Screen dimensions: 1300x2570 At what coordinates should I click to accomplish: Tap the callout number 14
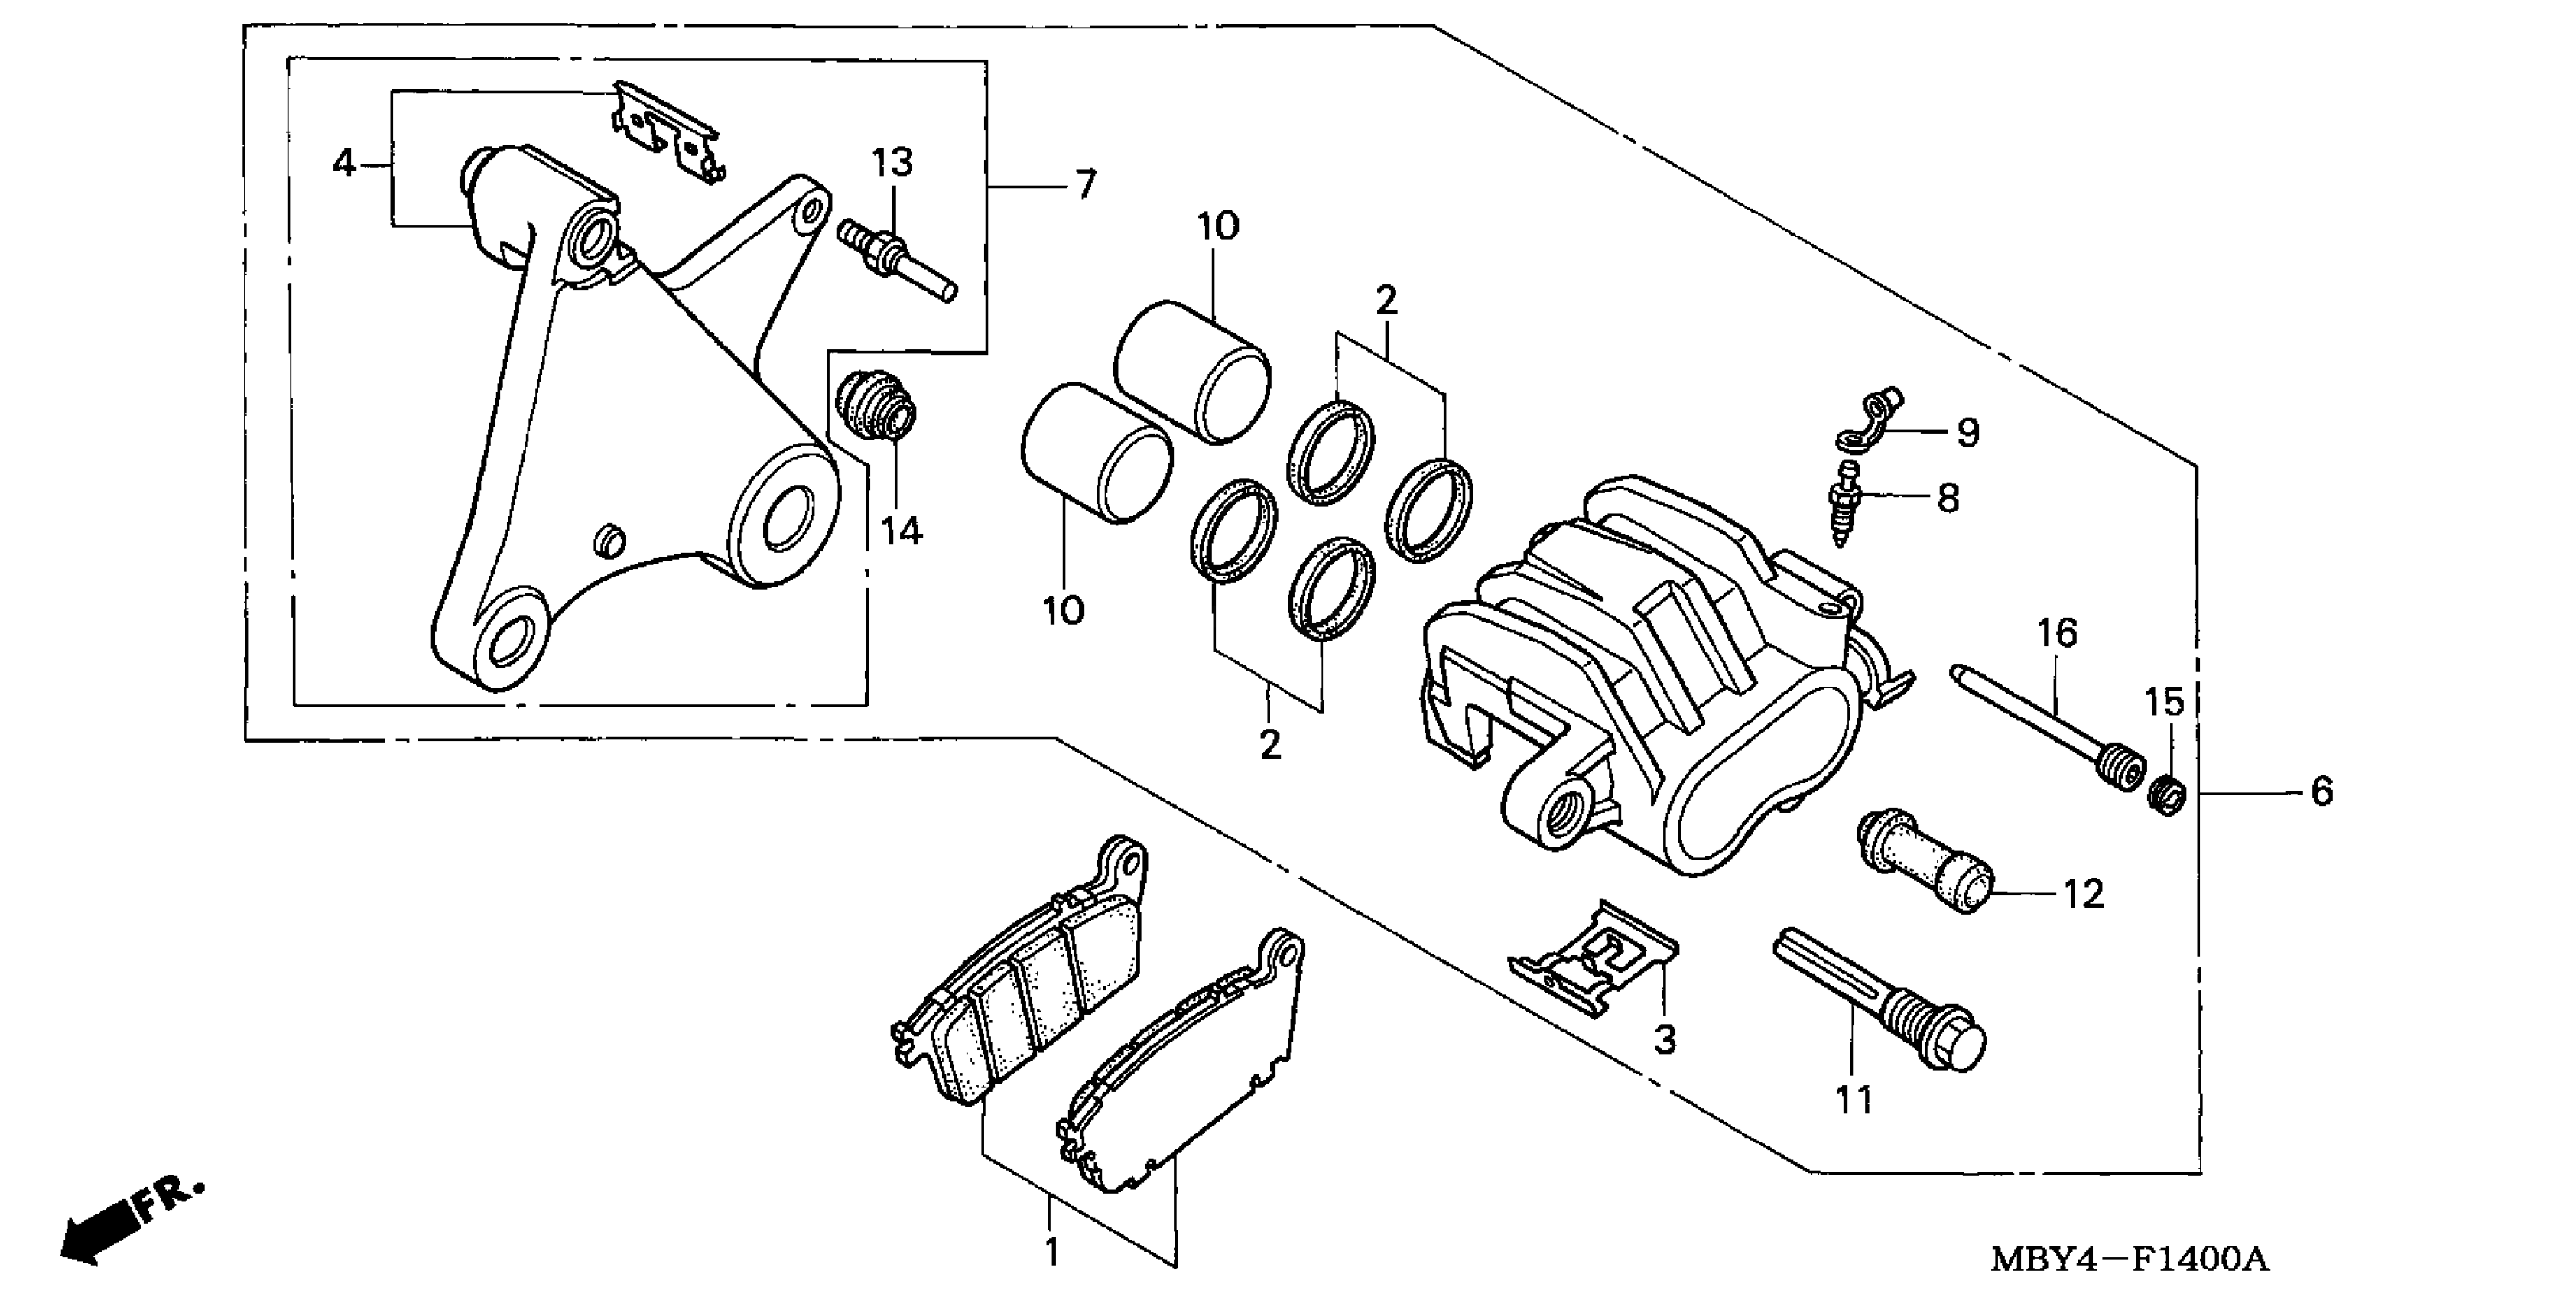tap(901, 531)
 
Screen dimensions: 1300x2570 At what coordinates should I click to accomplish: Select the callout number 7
tap(1086, 184)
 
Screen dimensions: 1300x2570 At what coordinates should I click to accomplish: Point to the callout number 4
tap(344, 163)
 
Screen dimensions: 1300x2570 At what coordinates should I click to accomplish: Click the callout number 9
tap(1967, 432)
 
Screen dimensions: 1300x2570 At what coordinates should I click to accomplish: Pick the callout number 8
tap(1948, 498)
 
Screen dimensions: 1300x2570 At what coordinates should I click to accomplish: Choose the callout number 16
tap(2056, 633)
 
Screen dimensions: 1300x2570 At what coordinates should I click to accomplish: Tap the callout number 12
tap(2083, 894)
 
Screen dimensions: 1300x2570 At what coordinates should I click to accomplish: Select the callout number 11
tap(1854, 1100)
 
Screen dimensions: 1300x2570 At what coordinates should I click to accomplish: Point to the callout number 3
tap(1665, 1038)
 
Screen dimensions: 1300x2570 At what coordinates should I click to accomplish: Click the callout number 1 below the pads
tap(1051, 1251)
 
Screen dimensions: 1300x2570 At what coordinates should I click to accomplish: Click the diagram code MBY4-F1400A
tap(2129, 1259)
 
